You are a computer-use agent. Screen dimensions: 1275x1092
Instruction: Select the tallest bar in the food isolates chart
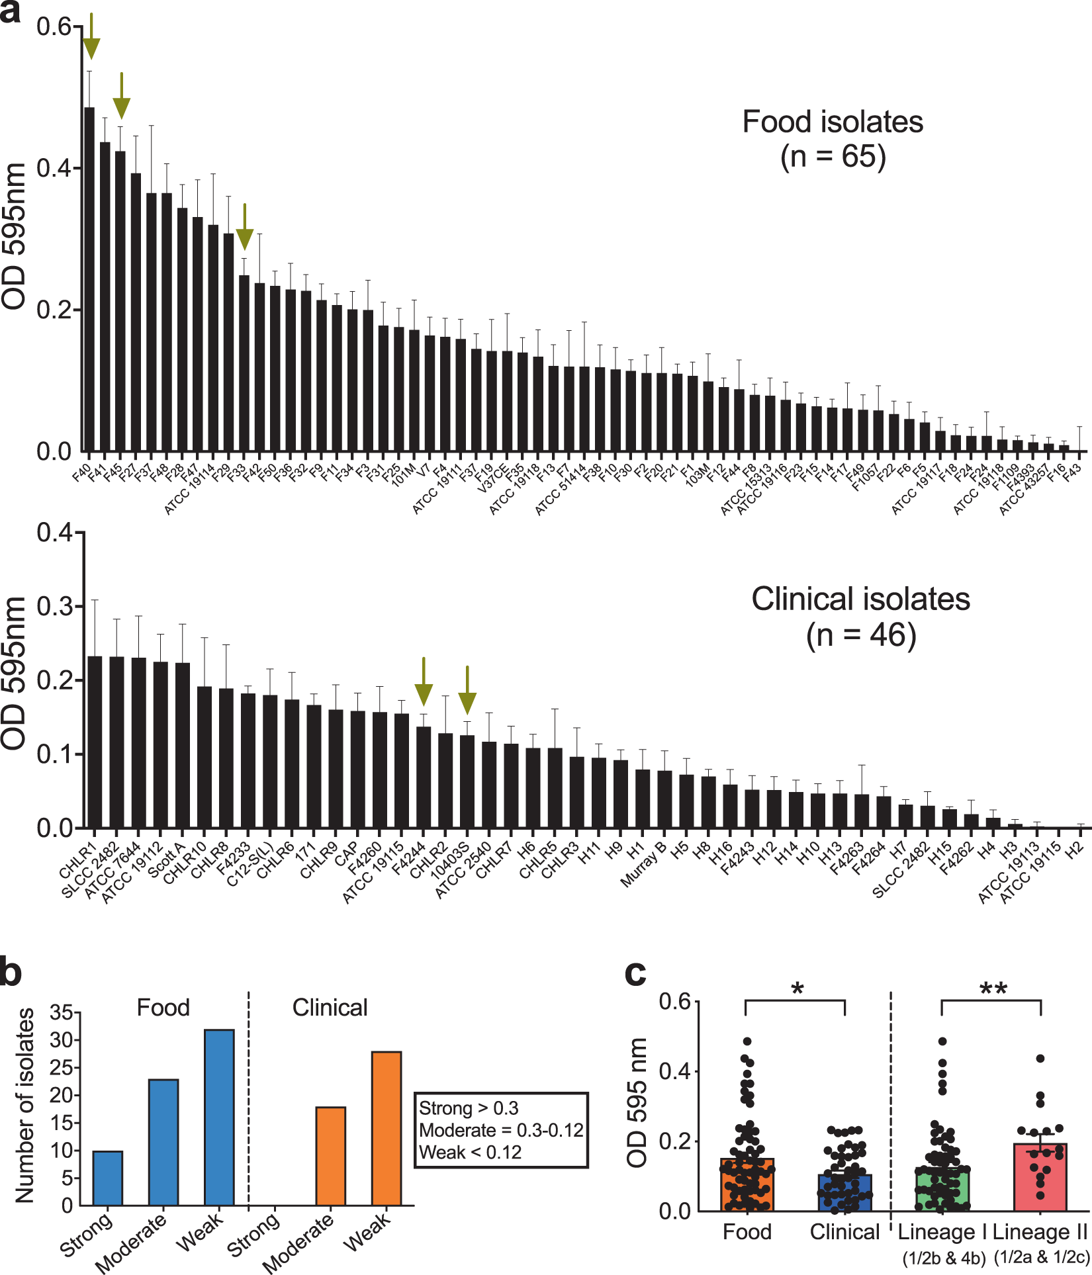pos(89,278)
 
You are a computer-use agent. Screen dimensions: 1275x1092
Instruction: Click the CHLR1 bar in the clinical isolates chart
pos(95,741)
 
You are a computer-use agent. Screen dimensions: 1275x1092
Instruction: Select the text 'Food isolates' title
pos(833,122)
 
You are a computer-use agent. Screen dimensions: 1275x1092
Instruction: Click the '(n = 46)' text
pos(861,635)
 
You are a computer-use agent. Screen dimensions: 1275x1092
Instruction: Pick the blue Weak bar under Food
pos(219,1118)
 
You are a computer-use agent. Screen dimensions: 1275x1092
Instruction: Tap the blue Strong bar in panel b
pos(107,1178)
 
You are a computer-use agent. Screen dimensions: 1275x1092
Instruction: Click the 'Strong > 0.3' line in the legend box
pos(469,1108)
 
